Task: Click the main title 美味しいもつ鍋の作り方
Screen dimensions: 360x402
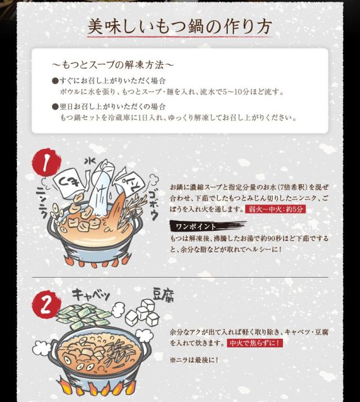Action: point(179,26)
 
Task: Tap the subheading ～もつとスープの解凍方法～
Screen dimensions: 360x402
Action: point(112,65)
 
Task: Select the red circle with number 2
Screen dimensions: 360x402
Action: point(46,304)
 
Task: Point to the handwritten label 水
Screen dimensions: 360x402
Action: point(90,161)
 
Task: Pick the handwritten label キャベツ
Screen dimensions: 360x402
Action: point(91,294)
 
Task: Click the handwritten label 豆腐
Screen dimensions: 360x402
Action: point(163,295)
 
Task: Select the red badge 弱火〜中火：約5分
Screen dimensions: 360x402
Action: point(276,209)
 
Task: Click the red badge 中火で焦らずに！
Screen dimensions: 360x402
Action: point(255,343)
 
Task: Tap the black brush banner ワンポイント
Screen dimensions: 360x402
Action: point(208,226)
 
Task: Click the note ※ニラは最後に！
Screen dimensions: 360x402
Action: point(194,360)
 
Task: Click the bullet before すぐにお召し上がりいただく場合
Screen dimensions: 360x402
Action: point(55,81)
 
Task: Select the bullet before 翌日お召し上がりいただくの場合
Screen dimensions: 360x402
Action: point(55,106)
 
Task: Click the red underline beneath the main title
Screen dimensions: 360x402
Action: point(179,37)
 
